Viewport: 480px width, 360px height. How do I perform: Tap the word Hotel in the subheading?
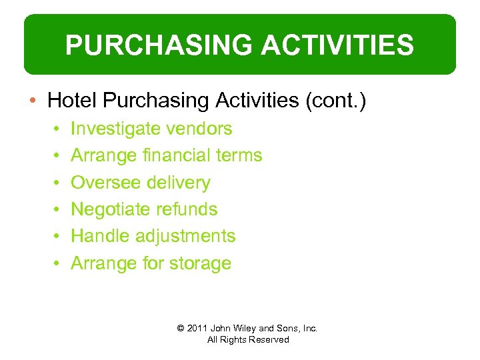(x=73, y=101)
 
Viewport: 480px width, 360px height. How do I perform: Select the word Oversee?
(x=102, y=183)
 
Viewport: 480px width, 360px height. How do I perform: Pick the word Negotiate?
(x=111, y=209)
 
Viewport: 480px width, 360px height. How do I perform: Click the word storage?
(x=199, y=263)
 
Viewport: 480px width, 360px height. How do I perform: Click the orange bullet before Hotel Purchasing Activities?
(x=34, y=101)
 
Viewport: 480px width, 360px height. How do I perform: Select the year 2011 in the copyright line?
(x=198, y=328)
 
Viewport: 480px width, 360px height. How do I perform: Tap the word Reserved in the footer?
(x=268, y=339)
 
